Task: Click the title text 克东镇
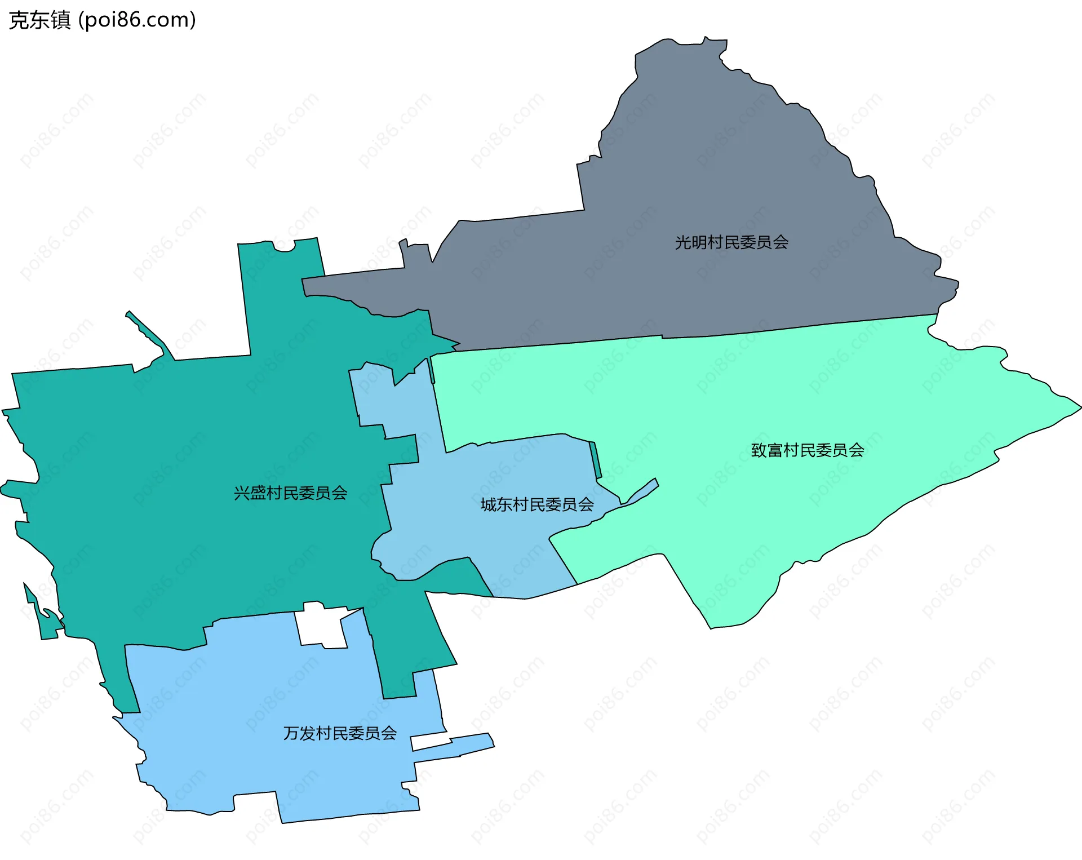click(39, 20)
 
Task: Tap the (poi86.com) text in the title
click(137, 20)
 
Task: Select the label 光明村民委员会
click(731, 242)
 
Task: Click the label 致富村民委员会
click(807, 450)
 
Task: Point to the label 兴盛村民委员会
click(290, 493)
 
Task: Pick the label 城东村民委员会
click(536, 504)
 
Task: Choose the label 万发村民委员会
click(340, 733)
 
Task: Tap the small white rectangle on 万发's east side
click(431, 741)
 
